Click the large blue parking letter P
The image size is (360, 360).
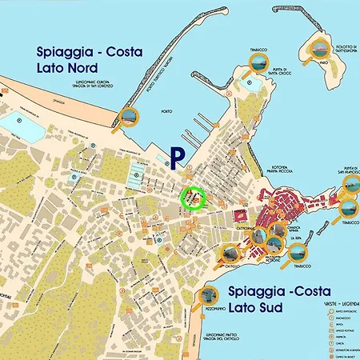[178, 155]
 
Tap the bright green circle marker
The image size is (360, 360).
[194, 197]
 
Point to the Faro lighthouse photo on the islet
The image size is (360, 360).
[320, 46]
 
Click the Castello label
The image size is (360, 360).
[233, 266]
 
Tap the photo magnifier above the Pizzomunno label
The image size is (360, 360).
[210, 294]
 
